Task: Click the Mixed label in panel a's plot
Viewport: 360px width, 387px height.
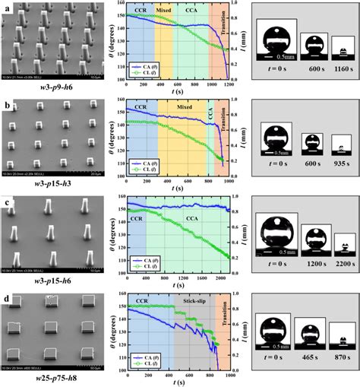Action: tap(164, 12)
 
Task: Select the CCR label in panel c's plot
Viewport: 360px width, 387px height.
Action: tap(136, 218)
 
